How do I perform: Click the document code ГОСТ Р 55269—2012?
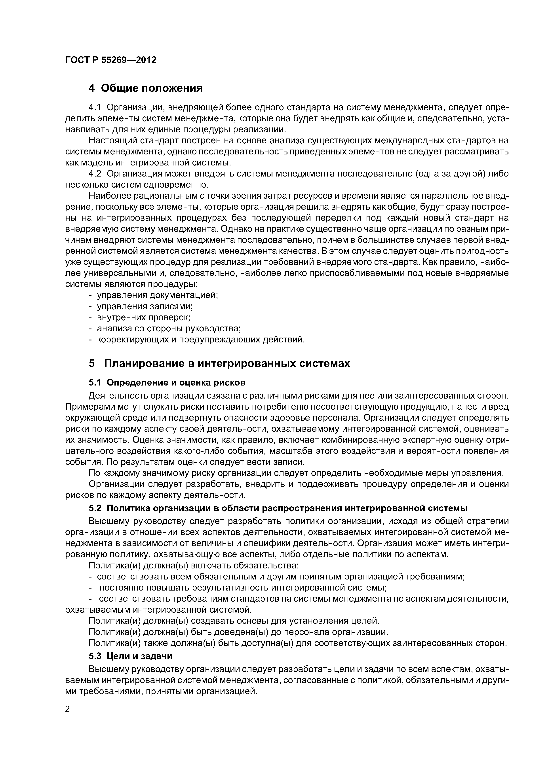coord(111,60)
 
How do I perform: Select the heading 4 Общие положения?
coord(146,88)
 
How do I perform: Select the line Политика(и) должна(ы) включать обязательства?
coord(194,565)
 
